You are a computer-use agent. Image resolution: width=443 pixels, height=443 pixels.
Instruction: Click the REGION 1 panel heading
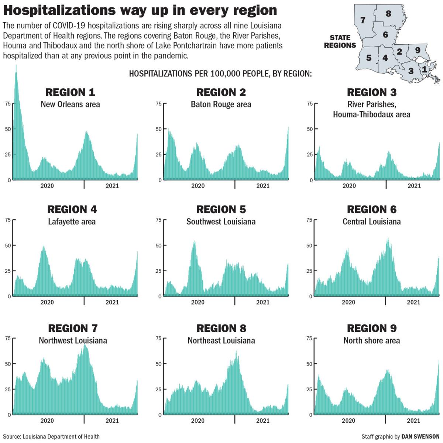click(70, 92)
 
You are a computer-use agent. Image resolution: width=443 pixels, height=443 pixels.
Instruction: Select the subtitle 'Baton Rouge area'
click(221, 104)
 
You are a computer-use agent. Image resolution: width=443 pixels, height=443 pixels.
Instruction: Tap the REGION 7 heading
click(73, 328)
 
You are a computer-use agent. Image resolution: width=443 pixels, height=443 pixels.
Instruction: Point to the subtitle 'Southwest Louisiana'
click(221, 222)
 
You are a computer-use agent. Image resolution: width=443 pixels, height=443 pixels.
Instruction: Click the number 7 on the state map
click(363, 20)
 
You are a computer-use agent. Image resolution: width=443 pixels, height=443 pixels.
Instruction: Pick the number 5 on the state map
click(369, 58)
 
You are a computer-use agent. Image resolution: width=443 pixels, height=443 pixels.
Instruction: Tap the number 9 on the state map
click(418, 50)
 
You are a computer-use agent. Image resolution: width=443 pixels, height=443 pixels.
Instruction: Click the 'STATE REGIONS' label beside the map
click(340, 42)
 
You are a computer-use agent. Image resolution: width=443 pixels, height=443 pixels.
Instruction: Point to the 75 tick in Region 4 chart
click(8, 220)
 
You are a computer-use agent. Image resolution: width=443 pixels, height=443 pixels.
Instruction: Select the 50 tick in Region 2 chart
click(158, 129)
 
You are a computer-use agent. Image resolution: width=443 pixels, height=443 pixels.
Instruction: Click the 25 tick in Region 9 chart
click(309, 389)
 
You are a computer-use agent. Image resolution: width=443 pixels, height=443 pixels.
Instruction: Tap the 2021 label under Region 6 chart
click(413, 302)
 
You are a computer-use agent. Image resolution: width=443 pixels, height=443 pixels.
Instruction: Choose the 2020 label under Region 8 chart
click(198, 421)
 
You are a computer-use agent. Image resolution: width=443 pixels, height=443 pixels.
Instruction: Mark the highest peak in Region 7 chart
click(85, 345)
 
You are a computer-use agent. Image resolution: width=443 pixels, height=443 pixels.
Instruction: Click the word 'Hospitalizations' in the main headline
click(59, 10)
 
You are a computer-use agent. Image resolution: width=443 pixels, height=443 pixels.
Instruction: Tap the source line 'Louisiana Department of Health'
click(61, 436)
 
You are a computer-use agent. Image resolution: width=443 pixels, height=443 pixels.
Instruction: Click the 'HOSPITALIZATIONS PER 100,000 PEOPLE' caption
click(199, 73)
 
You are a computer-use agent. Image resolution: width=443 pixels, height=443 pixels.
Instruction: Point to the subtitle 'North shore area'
click(371, 340)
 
